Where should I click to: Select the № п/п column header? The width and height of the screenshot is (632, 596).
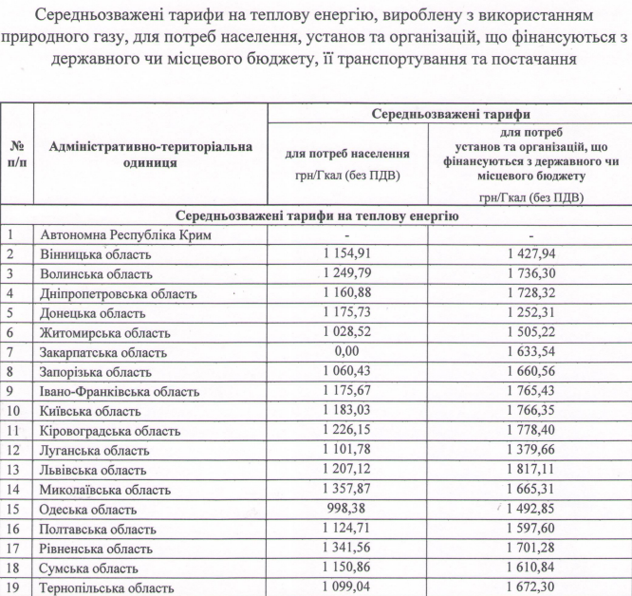tap(17, 155)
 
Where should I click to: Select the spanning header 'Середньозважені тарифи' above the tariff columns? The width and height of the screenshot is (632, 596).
tap(450, 113)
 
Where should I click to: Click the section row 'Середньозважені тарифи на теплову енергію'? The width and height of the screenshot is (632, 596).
tap(316, 215)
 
